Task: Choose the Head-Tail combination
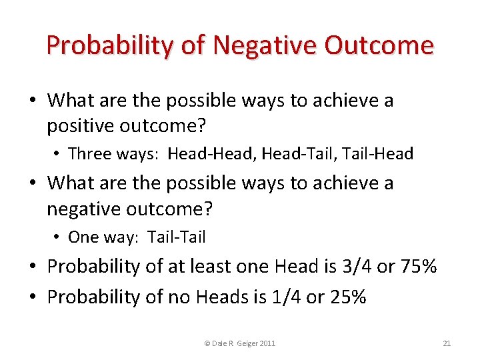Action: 298,154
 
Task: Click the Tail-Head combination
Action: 379,154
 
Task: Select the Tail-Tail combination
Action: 177,237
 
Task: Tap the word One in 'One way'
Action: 83,237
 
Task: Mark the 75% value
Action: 418,267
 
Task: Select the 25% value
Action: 347,297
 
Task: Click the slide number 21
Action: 447,343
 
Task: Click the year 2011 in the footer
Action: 267,343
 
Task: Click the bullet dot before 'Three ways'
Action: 57,155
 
